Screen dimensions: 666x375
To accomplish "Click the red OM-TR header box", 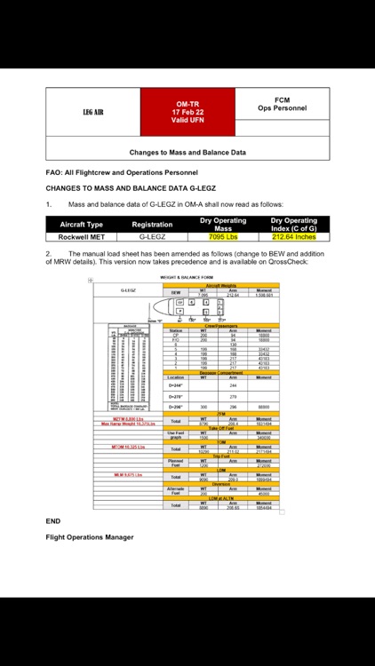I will pos(187,112).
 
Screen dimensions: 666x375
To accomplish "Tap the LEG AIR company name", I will pos(93,113).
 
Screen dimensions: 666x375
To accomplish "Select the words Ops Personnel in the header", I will pos(282,108).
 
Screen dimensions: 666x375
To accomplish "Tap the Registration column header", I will pos(152,225).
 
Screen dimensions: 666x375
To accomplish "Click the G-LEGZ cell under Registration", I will pos(152,237).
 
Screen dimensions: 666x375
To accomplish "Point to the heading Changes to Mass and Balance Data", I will pos(187,152).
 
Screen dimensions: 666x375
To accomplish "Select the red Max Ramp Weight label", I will pos(128,424).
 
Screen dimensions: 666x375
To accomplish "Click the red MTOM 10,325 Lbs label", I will pos(128,446).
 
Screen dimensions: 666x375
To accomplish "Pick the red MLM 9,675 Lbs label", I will pos(128,475).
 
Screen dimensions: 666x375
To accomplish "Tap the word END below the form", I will pos(52,521).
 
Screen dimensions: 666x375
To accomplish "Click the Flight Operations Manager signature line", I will pos(90,536).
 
